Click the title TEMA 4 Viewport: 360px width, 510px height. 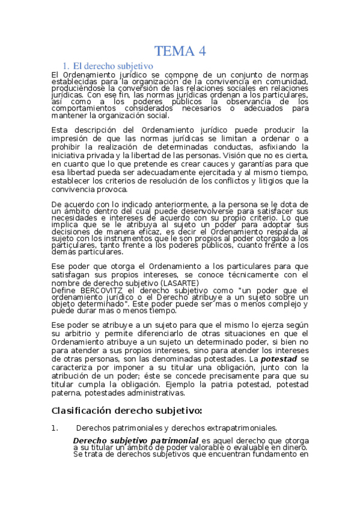tap(180, 51)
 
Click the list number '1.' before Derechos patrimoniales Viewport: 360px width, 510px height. tap(55, 428)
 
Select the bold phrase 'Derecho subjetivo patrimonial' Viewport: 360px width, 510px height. tap(136, 440)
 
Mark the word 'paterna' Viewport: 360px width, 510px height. tap(66, 393)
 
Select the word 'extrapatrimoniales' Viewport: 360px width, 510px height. tap(240, 428)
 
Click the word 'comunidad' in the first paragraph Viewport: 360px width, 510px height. tap(287, 81)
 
